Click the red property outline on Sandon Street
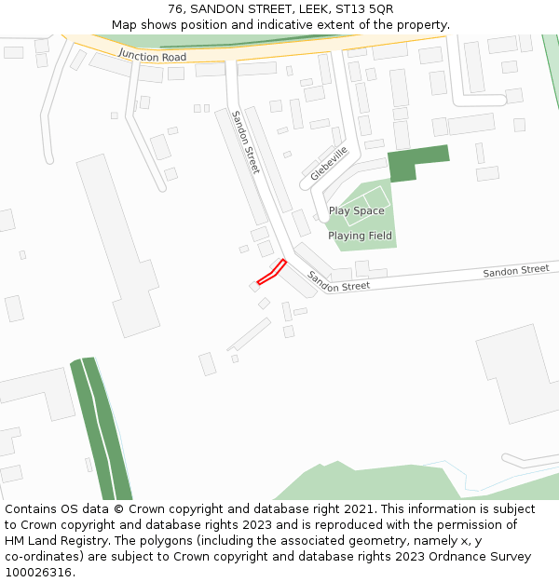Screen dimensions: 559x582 [x=271, y=271]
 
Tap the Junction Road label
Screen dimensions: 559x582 [x=152, y=57]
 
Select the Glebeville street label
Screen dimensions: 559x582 [x=329, y=163]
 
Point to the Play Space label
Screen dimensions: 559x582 [x=356, y=211]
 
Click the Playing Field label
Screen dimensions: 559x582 [x=360, y=237]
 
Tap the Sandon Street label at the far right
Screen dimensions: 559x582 [x=515, y=271]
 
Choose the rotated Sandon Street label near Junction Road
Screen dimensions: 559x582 [x=246, y=142]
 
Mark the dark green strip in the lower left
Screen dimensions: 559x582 [x=101, y=428]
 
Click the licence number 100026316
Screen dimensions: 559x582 [x=37, y=573]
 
